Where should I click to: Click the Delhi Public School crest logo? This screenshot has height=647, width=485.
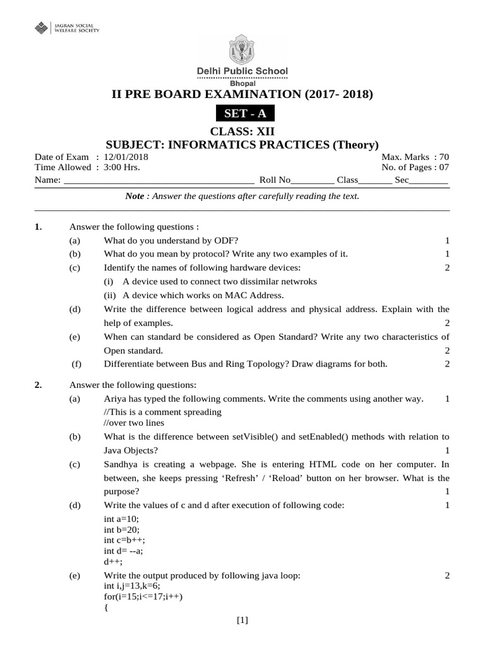[x=242, y=49]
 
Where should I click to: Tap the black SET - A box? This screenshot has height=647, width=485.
[x=242, y=114]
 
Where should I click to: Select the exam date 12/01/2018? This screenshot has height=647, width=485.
[x=126, y=157]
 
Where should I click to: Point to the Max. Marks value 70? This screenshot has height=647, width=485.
[x=444, y=157]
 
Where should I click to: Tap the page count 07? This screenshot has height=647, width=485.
[x=443, y=167]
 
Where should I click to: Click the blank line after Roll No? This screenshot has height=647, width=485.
[x=313, y=180]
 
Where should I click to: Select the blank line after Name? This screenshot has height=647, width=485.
[x=159, y=180]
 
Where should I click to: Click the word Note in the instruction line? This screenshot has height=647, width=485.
[x=135, y=197]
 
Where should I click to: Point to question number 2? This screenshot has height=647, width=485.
[x=38, y=385]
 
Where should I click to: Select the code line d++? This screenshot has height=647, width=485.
[x=113, y=561]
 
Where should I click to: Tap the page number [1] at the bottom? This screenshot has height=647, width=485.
[x=242, y=620]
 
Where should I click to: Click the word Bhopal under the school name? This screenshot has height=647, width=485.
[x=242, y=83]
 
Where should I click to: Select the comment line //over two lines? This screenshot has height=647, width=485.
[x=134, y=423]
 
